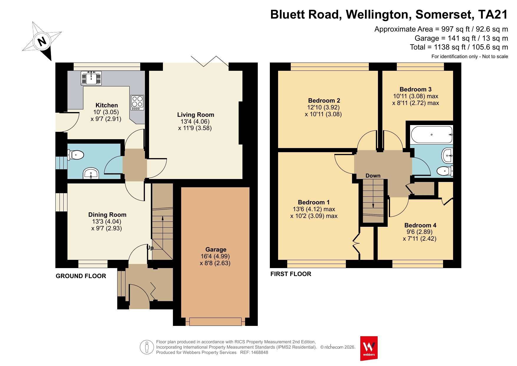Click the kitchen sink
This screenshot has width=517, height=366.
tap(91, 78)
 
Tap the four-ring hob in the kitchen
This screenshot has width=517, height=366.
tap(137, 102)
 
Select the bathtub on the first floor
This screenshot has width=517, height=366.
tap(432, 134)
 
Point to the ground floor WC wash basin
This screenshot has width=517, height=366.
tap(91, 173)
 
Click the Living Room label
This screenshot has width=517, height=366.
tap(196, 115)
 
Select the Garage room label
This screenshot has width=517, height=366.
tap(216, 250)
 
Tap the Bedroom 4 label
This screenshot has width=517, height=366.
tap(420, 225)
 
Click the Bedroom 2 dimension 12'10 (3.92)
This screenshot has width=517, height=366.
tap(323, 107)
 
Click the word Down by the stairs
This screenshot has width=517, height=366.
tap(373, 176)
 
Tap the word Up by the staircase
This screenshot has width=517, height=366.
tap(150, 248)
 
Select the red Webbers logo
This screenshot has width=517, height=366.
tap(369, 348)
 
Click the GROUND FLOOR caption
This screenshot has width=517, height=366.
tap(81, 276)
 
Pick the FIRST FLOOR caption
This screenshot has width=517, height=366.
tap(291, 274)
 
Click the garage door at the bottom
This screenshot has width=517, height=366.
tap(215, 321)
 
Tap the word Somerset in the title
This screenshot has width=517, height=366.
tap(445, 14)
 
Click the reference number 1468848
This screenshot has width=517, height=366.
tap(258, 352)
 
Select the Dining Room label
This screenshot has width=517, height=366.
tap(107, 215)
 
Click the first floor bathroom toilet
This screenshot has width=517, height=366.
tap(445, 171)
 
